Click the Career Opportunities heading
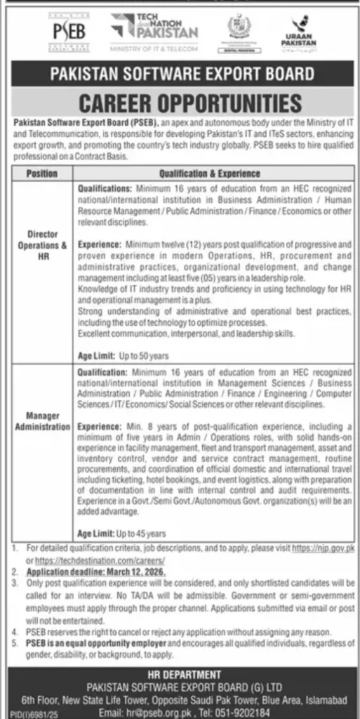point(180,103)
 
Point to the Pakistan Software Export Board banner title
point(180,72)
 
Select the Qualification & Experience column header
point(209,173)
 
